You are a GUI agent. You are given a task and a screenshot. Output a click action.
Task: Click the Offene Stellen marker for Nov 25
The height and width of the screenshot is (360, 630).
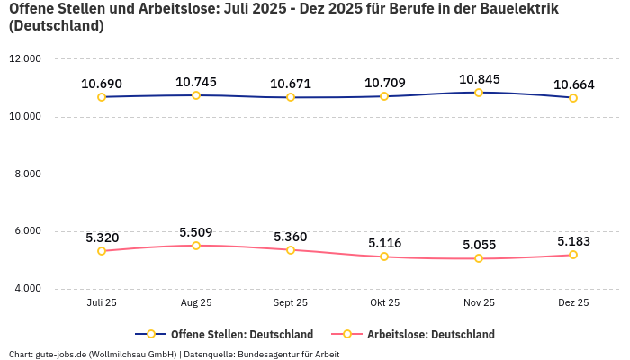479,93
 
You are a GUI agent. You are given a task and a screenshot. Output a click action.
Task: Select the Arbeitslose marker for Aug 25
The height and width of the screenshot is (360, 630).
196,245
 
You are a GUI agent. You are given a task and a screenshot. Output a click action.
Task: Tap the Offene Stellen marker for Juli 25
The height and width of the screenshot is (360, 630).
102,97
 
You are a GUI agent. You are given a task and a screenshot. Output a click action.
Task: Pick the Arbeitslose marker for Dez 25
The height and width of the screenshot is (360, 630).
573,255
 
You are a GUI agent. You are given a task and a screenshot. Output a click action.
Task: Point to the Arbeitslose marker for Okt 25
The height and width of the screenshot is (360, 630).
384,256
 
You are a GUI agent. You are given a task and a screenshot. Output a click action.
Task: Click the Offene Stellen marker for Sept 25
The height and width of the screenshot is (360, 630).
291,97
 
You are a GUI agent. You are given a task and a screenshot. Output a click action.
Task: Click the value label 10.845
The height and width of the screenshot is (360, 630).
479,79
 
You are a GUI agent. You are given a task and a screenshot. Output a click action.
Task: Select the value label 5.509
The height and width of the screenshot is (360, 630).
196,232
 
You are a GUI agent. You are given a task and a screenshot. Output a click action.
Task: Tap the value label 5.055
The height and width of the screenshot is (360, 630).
479,245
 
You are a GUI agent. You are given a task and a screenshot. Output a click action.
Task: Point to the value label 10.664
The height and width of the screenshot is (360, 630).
573,85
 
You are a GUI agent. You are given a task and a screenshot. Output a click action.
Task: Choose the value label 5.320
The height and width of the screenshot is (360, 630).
102,238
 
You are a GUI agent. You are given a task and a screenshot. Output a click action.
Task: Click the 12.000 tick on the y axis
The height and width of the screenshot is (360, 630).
24,59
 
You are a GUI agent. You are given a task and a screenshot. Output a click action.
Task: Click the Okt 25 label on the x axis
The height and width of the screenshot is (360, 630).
384,303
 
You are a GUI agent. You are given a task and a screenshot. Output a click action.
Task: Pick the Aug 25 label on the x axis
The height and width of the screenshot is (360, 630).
196,303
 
